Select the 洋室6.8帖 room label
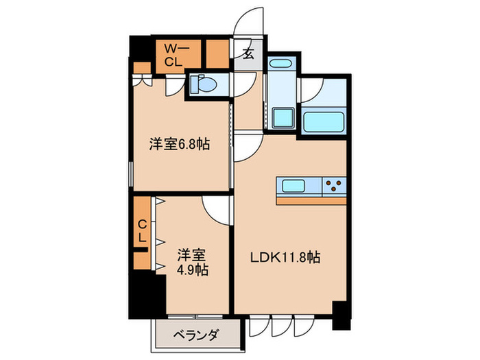coord(180,145)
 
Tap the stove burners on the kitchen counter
coord(335,184)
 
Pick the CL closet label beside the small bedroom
coord(142,232)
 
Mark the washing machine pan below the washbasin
coord(282,119)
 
